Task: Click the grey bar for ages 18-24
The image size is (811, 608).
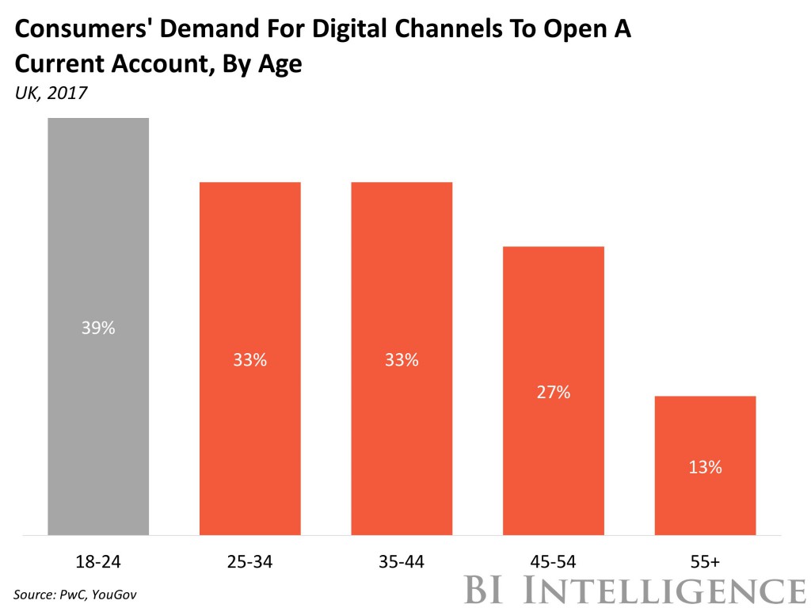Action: pos(98,237)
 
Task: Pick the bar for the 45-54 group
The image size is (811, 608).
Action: pos(554,317)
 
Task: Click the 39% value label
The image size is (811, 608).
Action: pos(98,328)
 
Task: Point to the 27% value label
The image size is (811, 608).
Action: pos(554,392)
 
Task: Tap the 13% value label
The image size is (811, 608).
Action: pos(705,467)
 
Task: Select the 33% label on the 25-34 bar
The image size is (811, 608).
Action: pos(249,360)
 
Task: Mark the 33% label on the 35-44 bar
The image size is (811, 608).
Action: pos(402,360)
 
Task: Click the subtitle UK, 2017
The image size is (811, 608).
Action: pos(50,93)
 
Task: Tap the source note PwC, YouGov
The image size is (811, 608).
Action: pos(70,594)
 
